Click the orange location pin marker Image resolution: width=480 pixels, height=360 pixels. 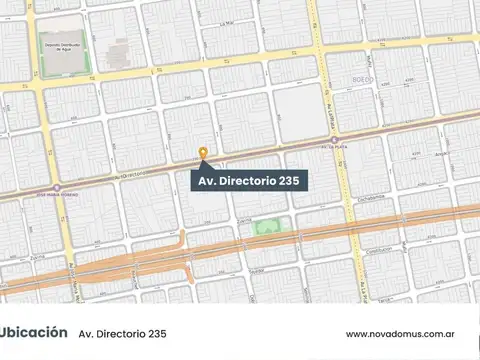[x=204, y=153]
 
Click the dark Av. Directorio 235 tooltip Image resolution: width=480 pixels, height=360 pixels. [x=249, y=181]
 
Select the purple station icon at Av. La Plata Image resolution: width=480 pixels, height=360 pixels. [x=335, y=140]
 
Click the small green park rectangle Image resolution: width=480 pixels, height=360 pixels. [x=267, y=227]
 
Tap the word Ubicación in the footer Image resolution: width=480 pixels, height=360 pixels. [x=34, y=332]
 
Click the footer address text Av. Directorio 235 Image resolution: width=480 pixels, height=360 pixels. [x=122, y=333]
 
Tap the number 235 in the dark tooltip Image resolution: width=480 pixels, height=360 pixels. [x=291, y=181]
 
